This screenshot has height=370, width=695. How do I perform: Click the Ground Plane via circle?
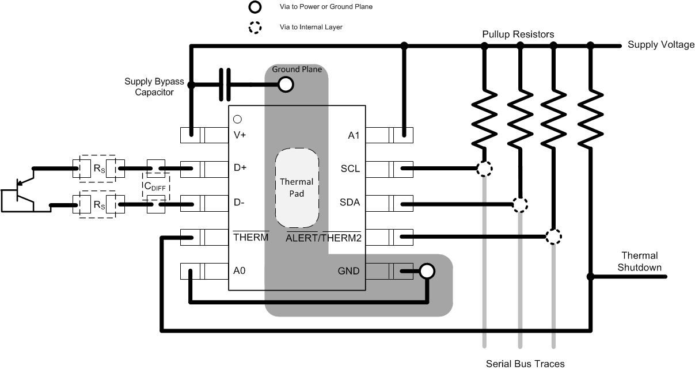(285, 85)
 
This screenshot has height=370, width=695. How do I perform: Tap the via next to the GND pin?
(427, 271)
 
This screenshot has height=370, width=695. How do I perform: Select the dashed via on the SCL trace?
(485, 169)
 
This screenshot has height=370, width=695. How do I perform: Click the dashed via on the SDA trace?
(520, 204)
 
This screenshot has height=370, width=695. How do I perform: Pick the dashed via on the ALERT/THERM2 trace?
(553, 237)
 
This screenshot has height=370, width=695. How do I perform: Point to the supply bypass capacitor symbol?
(225, 85)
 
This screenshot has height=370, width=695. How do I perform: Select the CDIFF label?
(155, 186)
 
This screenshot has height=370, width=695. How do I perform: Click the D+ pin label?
(241, 169)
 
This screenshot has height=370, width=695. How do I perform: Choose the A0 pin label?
(240, 270)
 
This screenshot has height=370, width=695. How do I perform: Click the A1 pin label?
(354, 135)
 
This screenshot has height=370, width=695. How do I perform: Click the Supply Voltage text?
(660, 45)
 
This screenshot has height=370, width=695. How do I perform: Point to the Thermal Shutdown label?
(639, 261)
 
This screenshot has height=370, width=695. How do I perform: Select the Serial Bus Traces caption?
(525, 363)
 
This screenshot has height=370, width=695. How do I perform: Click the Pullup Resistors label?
(518, 35)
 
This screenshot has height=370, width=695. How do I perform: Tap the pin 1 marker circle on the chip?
(237, 120)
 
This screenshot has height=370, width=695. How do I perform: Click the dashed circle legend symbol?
(255, 27)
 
